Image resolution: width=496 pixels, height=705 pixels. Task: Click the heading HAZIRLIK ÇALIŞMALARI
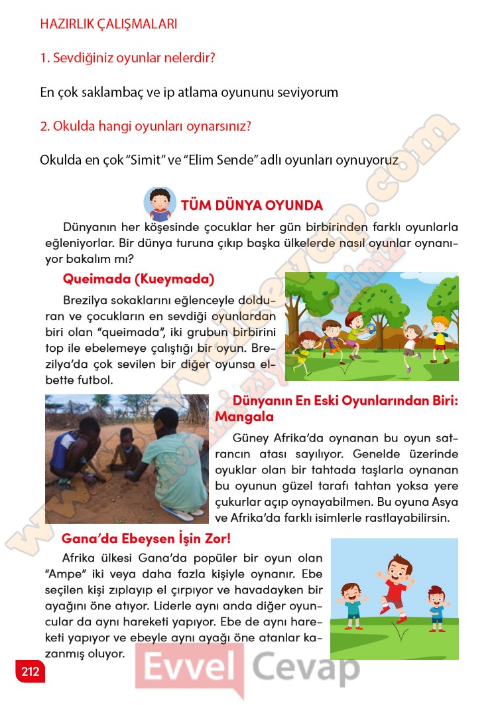[x=108, y=24]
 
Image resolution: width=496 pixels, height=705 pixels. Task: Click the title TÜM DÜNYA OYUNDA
[x=251, y=205]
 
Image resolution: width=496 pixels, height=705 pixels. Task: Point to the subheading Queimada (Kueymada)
[x=138, y=279]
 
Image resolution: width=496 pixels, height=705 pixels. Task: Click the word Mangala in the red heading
[x=244, y=417]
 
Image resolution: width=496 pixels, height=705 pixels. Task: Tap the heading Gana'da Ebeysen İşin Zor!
[x=145, y=538]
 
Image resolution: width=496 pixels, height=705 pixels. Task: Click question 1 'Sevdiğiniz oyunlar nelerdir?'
[x=127, y=58]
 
